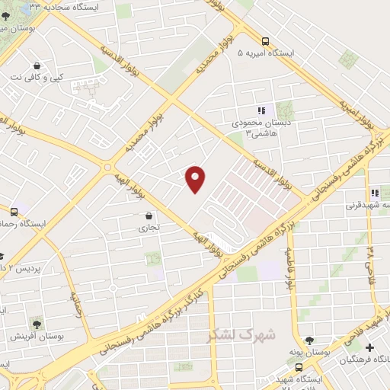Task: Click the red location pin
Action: [196, 177]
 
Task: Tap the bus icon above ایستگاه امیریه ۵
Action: [264, 41]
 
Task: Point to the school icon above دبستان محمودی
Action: [261, 110]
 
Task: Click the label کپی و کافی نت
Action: [37, 78]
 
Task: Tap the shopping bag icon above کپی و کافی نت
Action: [37, 65]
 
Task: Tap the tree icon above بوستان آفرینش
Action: [36, 323]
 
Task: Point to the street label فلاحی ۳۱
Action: [371, 260]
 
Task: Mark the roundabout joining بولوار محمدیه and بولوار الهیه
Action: [108, 166]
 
